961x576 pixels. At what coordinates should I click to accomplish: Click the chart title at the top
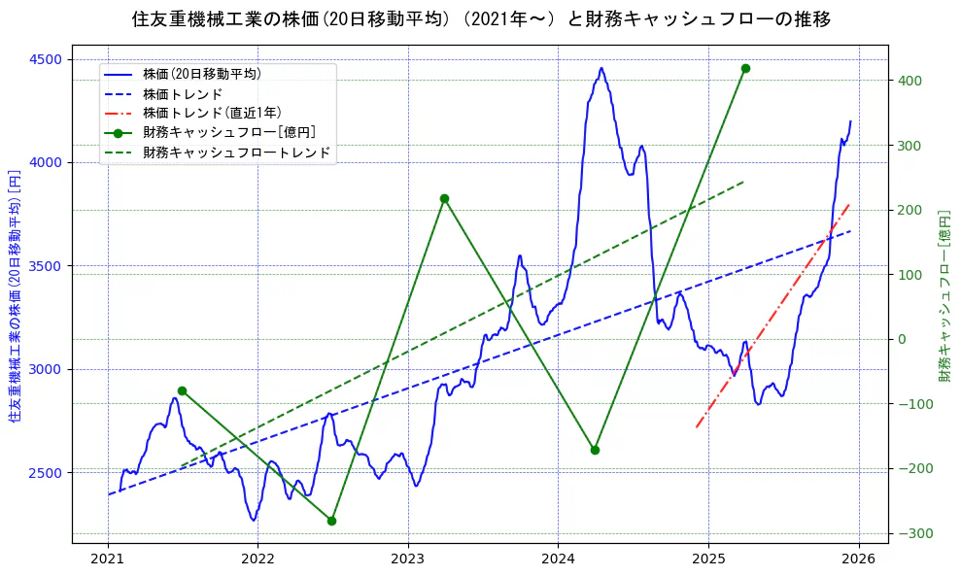pos(480,18)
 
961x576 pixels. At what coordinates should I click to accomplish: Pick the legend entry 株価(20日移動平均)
pos(201,73)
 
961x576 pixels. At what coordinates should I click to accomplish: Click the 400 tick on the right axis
pos(911,81)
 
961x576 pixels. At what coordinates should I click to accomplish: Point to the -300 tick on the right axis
pos(913,533)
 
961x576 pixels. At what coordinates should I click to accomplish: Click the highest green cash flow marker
pos(745,68)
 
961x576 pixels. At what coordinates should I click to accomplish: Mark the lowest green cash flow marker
pos(332,521)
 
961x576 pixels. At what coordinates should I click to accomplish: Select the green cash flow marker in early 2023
pos(444,198)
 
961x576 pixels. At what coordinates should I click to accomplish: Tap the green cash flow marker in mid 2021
pos(182,390)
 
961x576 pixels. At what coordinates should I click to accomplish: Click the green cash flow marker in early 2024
pos(595,450)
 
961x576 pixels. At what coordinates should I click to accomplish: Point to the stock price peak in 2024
pos(601,68)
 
